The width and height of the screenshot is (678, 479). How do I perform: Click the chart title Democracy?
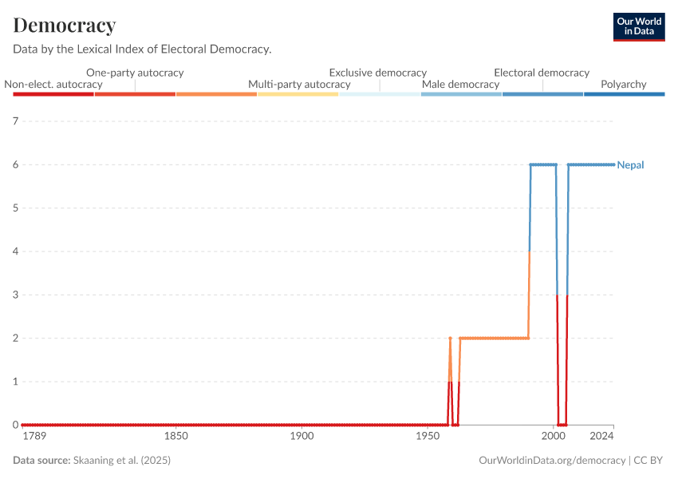[65, 26]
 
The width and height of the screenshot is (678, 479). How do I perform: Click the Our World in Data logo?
[639, 26]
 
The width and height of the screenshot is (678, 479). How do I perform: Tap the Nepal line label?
[630, 165]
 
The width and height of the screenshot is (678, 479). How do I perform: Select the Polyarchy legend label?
[623, 85]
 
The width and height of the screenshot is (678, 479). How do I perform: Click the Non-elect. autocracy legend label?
[53, 85]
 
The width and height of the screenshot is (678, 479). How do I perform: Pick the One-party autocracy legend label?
[135, 73]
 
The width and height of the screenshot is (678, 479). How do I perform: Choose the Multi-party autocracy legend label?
[299, 85]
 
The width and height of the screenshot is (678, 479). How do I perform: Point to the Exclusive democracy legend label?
[377, 73]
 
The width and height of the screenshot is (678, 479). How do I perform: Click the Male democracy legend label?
[460, 85]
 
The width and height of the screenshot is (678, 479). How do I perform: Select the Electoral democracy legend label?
[542, 73]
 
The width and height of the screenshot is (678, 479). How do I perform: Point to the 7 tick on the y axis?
[15, 121]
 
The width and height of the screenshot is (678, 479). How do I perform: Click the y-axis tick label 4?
[15, 251]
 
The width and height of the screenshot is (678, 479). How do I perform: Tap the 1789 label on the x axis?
[34, 436]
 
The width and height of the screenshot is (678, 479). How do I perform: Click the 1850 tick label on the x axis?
[175, 436]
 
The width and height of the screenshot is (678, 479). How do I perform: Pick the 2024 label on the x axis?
[602, 436]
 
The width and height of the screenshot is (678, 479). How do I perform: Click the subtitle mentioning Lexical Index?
[142, 49]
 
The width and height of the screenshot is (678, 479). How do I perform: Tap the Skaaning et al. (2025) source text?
[122, 461]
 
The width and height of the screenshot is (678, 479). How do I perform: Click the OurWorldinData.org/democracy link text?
[552, 461]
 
